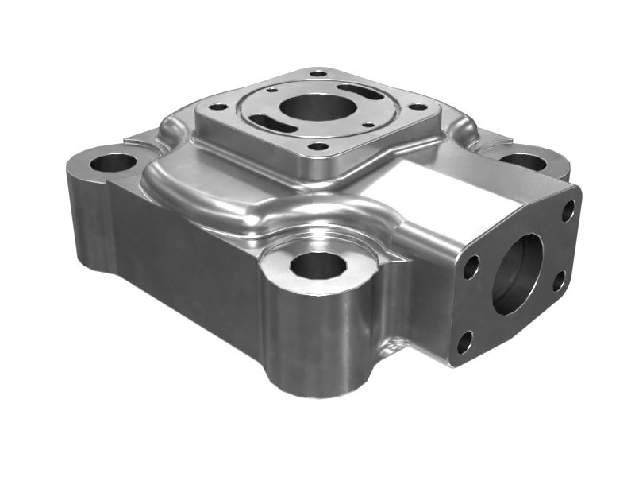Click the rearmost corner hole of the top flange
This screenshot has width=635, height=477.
tap(318, 72)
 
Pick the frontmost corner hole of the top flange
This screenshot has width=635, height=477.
tap(318, 146)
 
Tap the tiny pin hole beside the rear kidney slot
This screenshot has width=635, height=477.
tap(272, 89)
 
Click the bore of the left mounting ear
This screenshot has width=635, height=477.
tap(113, 163)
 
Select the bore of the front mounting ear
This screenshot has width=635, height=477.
tap(317, 264)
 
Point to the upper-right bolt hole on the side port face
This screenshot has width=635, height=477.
tap(568, 211)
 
